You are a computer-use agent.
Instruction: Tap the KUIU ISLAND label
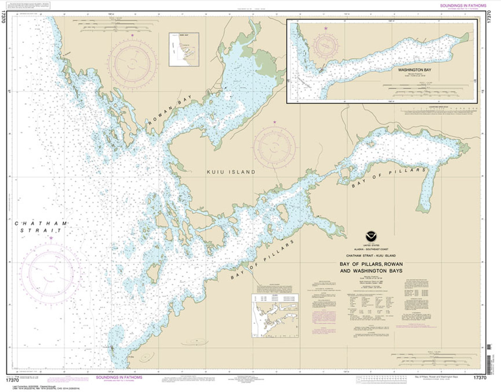(x=231, y=172)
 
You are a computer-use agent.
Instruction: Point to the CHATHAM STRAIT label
(x=41, y=227)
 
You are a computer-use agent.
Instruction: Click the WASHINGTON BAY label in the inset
(x=414, y=70)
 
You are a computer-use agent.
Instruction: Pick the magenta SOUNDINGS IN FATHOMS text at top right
(x=463, y=5)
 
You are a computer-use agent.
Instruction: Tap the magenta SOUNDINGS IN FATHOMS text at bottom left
(x=119, y=378)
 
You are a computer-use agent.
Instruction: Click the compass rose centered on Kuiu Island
(x=274, y=146)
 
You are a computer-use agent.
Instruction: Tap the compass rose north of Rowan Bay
(x=133, y=62)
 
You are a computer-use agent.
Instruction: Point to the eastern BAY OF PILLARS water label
(x=388, y=178)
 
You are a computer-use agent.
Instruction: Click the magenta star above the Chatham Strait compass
(x=51, y=238)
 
